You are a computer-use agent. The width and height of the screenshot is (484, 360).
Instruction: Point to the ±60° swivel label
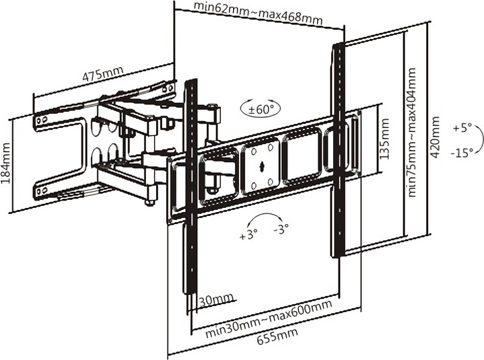[260, 108]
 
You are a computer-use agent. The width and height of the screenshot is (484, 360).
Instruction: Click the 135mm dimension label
[384, 139]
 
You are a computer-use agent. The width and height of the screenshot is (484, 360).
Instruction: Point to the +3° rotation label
[248, 236]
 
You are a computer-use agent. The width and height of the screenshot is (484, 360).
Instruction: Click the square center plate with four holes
[261, 164]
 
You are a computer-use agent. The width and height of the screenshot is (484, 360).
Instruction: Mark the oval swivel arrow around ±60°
[259, 108]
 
